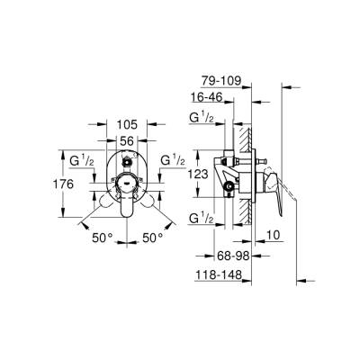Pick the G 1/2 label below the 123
pos(201,219)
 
